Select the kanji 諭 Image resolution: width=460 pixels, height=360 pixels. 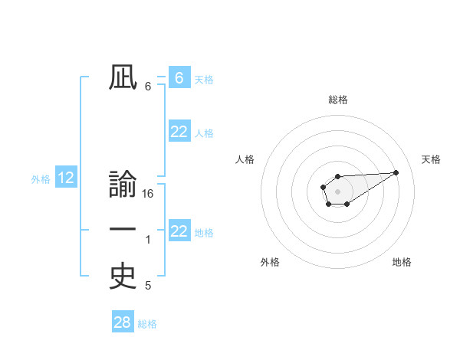coord(123,185)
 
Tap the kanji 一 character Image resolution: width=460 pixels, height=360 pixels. coord(123,231)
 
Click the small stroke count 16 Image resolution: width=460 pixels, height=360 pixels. coord(148,194)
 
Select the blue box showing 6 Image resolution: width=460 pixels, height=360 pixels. coord(179,77)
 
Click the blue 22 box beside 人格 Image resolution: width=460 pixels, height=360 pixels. coord(179,132)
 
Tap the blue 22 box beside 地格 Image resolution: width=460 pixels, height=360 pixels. coord(179,231)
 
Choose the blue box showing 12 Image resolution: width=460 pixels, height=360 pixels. coord(66,178)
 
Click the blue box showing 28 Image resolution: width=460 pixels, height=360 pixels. coord(123,322)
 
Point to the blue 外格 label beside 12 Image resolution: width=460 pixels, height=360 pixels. coord(41,179)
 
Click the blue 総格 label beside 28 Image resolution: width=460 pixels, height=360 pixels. coord(147,324)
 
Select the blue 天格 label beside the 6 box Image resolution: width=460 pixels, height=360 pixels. coord(204,79)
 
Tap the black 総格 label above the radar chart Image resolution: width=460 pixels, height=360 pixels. coord(338,100)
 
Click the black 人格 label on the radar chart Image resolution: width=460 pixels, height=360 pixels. coord(245,159)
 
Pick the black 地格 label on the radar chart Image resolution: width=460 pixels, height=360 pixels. coord(402,262)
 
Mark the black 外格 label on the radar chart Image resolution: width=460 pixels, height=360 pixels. coord(270,262)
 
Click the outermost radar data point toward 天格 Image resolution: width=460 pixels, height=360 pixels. coord(396,172)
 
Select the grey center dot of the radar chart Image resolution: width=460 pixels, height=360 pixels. coord(337,191)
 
